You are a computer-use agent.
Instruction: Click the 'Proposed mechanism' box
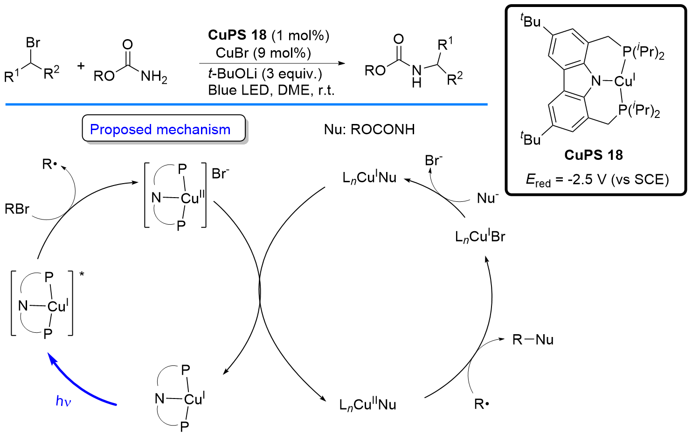[164, 129]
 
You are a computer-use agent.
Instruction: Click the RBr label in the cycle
[17, 209]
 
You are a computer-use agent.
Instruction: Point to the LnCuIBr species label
[480, 237]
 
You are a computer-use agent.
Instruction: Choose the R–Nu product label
[533, 339]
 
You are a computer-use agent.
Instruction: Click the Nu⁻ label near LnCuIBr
[488, 198]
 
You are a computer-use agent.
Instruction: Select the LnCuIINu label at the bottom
[367, 405]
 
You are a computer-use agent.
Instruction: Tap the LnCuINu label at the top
[369, 178]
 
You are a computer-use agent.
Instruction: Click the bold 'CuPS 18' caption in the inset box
[593, 155]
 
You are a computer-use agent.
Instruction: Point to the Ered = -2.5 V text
[597, 180]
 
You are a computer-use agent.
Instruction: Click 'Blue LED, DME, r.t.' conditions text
[271, 90]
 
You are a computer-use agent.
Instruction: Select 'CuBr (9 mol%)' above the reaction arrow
[263, 53]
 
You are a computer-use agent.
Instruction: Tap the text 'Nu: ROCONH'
[369, 129]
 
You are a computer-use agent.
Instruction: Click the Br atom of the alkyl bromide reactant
[33, 43]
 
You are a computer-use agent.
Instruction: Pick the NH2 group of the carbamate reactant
[154, 76]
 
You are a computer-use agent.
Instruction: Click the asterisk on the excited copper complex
[82, 275]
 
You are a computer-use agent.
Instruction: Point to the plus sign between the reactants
[81, 66]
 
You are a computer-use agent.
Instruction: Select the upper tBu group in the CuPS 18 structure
[531, 21]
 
